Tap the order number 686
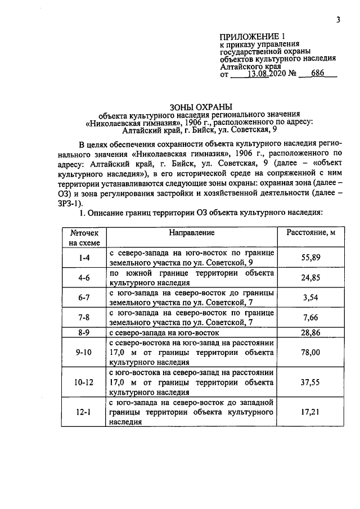click(318, 73)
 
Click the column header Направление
click(192, 233)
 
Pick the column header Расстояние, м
click(307, 233)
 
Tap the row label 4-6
click(84, 277)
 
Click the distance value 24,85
click(307, 277)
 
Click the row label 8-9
click(84, 332)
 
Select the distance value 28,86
click(307, 332)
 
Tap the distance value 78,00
click(307, 352)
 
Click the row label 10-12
click(84, 382)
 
